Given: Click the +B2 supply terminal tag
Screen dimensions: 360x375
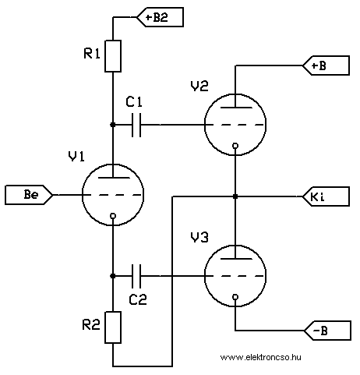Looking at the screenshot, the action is (161, 17).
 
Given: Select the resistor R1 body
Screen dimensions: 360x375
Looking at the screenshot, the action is (113, 56).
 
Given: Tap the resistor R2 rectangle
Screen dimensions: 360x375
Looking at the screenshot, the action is (113, 327).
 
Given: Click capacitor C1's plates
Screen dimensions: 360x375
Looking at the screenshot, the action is (136, 125).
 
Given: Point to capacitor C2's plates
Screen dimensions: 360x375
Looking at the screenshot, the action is (136, 276).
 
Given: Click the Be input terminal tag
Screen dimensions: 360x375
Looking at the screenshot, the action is (29, 195).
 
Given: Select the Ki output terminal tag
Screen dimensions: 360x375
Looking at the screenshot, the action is (326, 196).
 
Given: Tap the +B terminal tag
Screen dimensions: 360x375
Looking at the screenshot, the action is (326, 65).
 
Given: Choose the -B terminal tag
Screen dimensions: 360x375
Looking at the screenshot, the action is (327, 331).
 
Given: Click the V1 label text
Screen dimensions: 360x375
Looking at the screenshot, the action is (76, 157).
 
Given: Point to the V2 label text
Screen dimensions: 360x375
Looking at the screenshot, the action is (199, 86).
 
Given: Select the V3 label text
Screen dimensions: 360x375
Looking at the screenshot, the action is (199, 237).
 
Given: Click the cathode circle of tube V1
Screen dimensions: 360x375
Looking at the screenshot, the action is (113, 216).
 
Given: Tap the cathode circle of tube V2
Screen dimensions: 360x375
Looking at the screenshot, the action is (235, 146).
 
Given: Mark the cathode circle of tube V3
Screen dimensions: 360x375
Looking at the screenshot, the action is (235, 297).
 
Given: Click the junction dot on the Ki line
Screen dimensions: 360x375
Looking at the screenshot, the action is (235, 196).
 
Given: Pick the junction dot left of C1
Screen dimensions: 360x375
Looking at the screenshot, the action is (113, 125).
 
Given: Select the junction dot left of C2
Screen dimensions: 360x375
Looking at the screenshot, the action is (113, 276).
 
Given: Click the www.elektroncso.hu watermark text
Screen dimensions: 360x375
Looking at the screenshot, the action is (261, 357).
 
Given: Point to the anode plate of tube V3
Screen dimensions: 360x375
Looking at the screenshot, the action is (236, 259).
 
